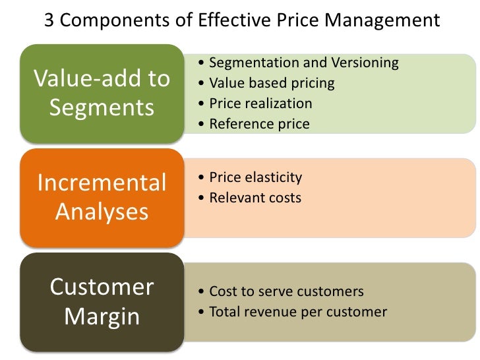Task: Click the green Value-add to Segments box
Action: (102, 93)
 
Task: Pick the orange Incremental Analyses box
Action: (102, 196)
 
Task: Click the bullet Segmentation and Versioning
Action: (303, 63)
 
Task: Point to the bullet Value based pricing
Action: (272, 83)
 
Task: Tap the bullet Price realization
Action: (260, 104)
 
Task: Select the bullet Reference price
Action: (259, 124)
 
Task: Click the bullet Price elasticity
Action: (255, 177)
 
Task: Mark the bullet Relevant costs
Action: (255, 197)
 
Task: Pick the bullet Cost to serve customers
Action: (286, 291)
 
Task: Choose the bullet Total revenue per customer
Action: (297, 312)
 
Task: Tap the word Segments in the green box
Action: (102, 107)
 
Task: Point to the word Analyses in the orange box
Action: (102, 212)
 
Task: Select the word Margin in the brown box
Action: (102, 316)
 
